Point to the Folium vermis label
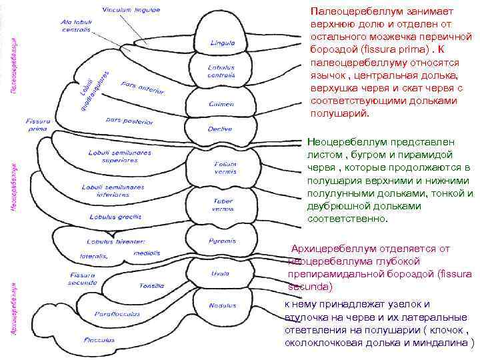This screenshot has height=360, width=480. tap(220, 167)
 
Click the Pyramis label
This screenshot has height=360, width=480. tap(217, 240)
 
